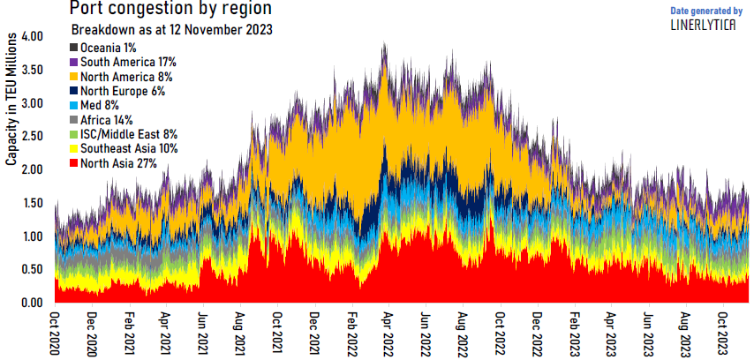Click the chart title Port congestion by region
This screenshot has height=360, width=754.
click(171, 10)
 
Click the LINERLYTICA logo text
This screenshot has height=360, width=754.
click(705, 25)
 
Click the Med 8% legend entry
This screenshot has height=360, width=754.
click(100, 105)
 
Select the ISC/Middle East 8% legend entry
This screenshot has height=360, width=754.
click(129, 134)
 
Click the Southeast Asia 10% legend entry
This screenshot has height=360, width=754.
click(128, 148)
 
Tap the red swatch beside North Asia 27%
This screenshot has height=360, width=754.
click(74, 163)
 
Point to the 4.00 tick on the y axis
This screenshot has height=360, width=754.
click(31, 37)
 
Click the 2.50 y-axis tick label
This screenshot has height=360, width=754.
click(31, 137)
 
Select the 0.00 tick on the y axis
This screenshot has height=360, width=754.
click(31, 303)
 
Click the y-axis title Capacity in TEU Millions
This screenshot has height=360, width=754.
click(11, 101)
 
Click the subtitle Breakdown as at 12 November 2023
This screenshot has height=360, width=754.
click(170, 29)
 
